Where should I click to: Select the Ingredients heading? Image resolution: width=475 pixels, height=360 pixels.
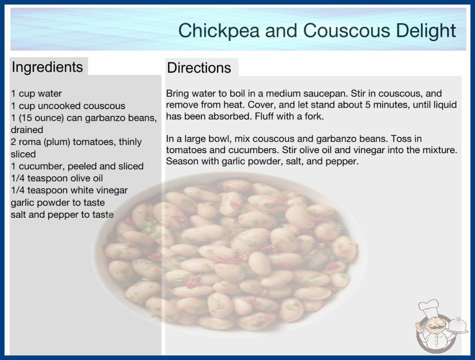click(x=47, y=67)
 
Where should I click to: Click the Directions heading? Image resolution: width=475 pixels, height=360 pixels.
click(x=199, y=68)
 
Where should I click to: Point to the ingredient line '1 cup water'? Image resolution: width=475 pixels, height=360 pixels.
click(x=36, y=94)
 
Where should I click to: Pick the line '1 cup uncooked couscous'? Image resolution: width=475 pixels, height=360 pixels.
click(x=68, y=105)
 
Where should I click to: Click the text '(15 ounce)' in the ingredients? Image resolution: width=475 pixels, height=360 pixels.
click(x=41, y=118)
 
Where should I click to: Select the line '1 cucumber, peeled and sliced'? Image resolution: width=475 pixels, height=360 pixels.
click(x=77, y=166)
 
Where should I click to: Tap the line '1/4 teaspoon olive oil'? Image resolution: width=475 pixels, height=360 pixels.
click(x=57, y=178)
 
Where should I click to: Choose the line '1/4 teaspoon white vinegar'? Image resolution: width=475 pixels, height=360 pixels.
click(x=69, y=190)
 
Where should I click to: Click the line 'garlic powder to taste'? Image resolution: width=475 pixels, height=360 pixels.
click(x=58, y=203)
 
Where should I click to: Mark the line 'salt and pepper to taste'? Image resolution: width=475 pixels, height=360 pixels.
click(x=62, y=215)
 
